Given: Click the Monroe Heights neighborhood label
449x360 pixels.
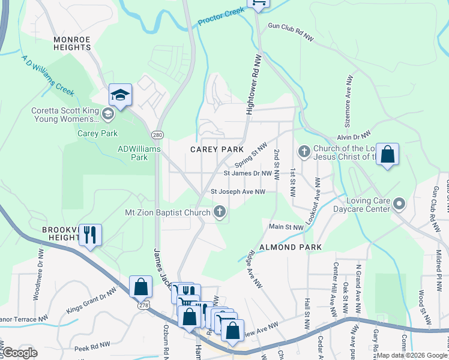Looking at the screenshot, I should [x=71, y=44].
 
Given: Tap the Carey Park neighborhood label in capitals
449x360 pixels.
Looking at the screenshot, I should [x=217, y=149].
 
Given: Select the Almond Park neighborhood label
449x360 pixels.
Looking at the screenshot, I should [x=290, y=247].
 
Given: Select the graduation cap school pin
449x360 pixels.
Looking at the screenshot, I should [x=120, y=95].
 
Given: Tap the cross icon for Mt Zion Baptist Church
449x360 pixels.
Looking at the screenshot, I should [x=220, y=211].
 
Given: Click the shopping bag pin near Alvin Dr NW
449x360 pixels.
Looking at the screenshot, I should [x=387, y=154].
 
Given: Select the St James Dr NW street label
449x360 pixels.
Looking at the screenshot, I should [x=248, y=173].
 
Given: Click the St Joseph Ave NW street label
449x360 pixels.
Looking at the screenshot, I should [x=238, y=192].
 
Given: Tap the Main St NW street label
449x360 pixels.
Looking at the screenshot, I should [x=286, y=227].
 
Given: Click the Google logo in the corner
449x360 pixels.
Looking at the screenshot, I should [x=19, y=353].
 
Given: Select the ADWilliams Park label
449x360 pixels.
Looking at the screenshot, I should [x=132, y=153].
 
